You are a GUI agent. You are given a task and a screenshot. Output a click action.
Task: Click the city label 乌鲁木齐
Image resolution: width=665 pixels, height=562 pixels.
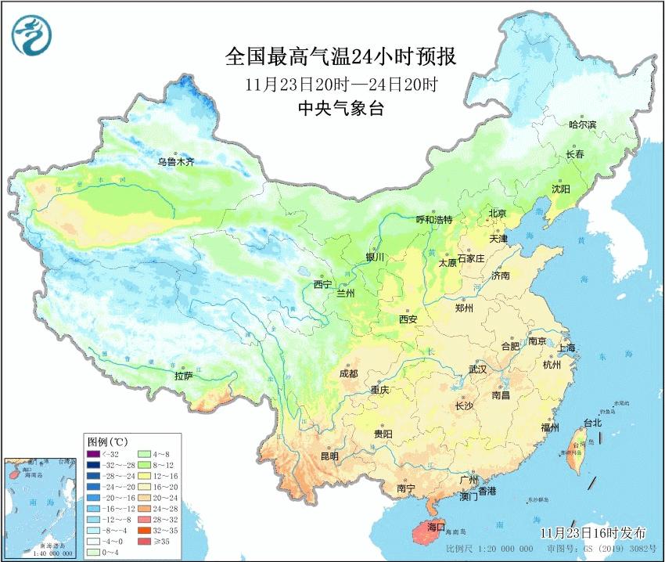175,162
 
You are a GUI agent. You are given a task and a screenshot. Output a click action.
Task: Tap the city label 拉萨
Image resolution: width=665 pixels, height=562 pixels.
184,376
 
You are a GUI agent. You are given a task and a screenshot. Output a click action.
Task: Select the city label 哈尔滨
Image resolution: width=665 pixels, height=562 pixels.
582,124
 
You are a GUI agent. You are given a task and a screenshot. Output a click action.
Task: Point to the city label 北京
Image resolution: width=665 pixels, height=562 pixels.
498,214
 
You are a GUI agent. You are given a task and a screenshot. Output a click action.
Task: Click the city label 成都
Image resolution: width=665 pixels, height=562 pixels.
349,373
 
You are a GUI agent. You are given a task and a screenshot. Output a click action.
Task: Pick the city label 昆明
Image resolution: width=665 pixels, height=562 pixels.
329,456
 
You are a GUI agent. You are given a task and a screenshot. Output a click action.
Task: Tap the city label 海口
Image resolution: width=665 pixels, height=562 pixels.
436,528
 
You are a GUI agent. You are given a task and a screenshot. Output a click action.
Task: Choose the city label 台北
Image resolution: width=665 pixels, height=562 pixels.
592,423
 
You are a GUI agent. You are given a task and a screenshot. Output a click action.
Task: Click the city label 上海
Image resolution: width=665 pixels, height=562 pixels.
566,348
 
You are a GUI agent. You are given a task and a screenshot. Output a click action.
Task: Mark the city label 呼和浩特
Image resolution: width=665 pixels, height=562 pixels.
434,220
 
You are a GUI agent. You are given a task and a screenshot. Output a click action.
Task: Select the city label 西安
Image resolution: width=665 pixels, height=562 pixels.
408,319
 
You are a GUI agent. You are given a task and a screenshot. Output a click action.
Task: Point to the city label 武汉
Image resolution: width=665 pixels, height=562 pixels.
477,368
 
